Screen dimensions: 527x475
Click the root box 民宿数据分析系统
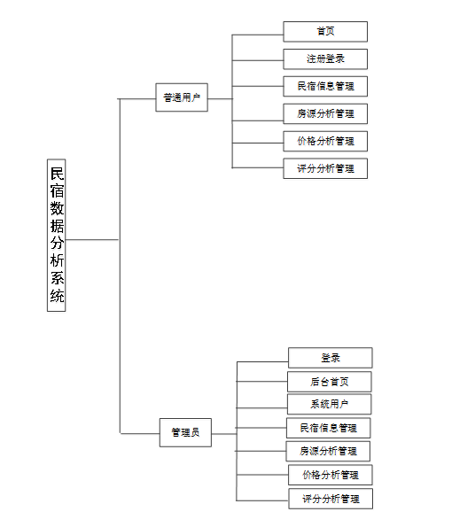(58, 236)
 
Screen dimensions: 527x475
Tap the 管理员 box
(185, 433)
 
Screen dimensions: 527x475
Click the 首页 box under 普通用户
(325, 32)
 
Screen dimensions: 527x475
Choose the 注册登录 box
(325, 59)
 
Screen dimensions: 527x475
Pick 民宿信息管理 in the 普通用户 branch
(325, 86)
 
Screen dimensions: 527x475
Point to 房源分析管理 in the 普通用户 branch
(325, 113)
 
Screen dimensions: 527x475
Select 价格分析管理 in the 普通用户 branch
(325, 141)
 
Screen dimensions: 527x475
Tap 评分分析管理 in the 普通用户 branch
(325, 168)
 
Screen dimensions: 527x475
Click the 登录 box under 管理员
(330, 358)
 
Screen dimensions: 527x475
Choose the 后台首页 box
(330, 382)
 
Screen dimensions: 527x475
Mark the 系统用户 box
(330, 405)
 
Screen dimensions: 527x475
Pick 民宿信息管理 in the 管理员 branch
(329, 428)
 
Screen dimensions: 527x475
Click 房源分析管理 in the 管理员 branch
(329, 452)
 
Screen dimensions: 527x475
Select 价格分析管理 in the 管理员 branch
(331, 475)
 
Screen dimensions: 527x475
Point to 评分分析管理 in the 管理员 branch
(331, 499)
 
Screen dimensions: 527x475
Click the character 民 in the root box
(58, 172)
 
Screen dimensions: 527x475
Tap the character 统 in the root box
(58, 298)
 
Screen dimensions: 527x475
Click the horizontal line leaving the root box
(93, 240)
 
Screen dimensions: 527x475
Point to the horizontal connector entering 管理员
(139, 433)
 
